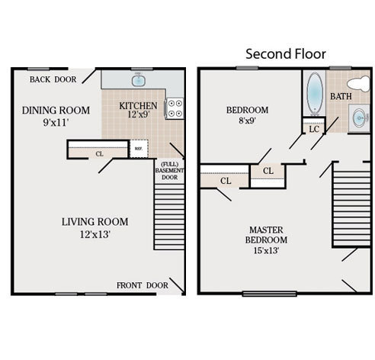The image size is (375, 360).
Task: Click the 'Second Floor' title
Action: point(285,54)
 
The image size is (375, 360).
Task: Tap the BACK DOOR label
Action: point(53,79)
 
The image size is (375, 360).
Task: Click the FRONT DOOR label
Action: point(142,285)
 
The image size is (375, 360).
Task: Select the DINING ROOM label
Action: point(56,111)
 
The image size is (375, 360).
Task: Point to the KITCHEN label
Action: point(139,106)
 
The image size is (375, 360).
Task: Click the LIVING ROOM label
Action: point(95,222)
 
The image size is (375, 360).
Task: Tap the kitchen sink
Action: point(139,79)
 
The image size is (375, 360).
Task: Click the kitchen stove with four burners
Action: point(175,108)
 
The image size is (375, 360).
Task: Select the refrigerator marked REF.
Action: point(139,149)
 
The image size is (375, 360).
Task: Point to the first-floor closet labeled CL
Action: point(100,153)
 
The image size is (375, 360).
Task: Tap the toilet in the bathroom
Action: point(356,82)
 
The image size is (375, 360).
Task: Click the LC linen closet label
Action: point(313,129)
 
